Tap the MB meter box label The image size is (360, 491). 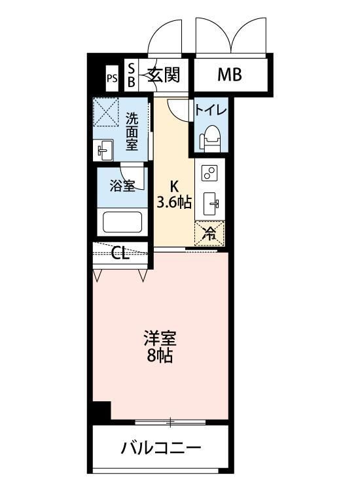[229, 75]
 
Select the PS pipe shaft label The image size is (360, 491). [112, 79]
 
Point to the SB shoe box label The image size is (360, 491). [131, 75]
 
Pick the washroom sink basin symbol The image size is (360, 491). [105, 151]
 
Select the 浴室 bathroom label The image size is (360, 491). [122, 186]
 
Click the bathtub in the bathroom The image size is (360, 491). [122, 223]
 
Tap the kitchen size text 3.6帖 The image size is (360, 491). [174, 202]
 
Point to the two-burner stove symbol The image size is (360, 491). [210, 173]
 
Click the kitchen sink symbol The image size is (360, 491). [210, 204]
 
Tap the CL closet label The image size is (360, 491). [120, 253]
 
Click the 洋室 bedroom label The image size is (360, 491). [160, 340]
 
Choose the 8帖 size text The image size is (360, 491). [160, 357]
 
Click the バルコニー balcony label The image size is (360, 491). [160, 449]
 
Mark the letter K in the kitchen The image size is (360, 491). [174, 185]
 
